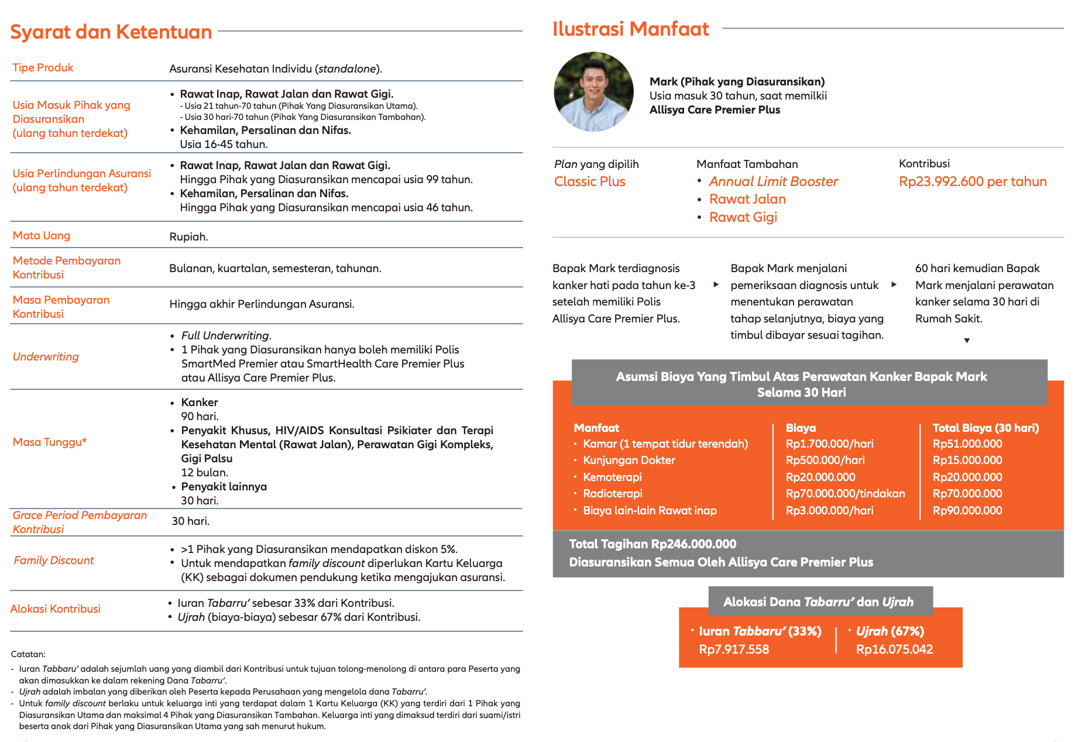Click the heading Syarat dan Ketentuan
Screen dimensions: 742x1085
tap(111, 32)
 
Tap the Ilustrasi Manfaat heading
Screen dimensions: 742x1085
tap(630, 29)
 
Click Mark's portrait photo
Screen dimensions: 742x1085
tap(593, 92)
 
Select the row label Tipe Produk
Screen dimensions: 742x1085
tap(43, 67)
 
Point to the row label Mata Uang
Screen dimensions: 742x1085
tap(42, 235)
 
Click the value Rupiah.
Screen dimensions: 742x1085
tap(188, 236)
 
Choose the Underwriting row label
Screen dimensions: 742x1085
tap(46, 356)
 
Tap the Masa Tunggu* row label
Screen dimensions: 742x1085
tap(50, 442)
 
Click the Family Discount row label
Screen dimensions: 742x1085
tap(54, 560)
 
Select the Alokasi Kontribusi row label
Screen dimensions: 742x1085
tap(56, 609)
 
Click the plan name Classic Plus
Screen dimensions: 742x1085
tap(589, 181)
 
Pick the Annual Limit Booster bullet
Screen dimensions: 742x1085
tap(773, 181)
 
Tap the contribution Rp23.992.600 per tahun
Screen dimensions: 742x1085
tap(973, 181)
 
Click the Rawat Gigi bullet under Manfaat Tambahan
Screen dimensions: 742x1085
tap(743, 217)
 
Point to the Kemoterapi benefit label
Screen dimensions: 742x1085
tap(612, 477)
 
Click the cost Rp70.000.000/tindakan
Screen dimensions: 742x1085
tap(845, 493)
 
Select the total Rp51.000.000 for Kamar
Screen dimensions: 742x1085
tap(967, 444)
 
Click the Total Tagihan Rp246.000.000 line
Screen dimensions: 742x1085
tap(653, 544)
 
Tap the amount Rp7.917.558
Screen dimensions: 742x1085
tap(734, 649)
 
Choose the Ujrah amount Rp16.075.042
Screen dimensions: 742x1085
tap(894, 649)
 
